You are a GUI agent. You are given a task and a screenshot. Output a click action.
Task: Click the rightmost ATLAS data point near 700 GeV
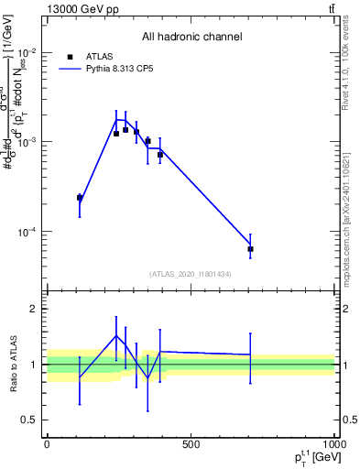[250, 249]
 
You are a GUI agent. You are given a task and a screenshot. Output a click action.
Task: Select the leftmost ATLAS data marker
[80, 198]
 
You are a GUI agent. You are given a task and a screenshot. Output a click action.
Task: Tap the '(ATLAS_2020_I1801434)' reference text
[191, 274]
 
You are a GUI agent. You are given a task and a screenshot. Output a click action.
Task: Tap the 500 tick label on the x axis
[191, 444]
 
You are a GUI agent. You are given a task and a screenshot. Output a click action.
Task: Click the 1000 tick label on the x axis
[333, 444]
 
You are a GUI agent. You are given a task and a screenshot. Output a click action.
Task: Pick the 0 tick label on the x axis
[47, 444]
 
